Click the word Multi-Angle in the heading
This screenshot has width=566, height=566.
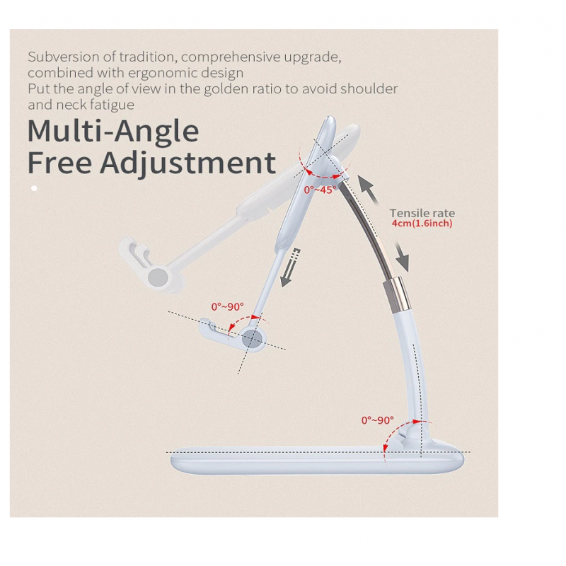[113, 131]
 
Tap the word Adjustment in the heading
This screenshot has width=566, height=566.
[187, 163]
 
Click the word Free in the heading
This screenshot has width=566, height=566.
[59, 163]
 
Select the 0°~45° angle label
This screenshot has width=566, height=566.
[320, 190]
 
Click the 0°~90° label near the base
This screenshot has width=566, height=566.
[377, 420]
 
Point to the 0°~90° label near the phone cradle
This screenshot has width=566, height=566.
[227, 307]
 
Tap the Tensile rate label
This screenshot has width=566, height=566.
[422, 213]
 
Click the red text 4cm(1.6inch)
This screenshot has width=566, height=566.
[422, 224]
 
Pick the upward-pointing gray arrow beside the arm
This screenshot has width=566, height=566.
[368, 188]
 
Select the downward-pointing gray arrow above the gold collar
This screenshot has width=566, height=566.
[402, 256]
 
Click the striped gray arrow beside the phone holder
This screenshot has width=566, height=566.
[290, 267]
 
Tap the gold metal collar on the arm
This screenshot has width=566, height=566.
[397, 293]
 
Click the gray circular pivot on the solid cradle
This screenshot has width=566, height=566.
[253, 339]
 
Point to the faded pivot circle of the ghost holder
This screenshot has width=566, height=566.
[158, 277]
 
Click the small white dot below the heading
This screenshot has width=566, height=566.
[34, 188]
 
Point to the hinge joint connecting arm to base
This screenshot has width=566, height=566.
[412, 435]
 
